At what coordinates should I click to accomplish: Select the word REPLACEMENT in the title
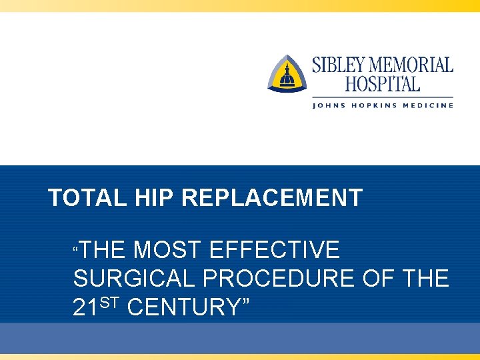272,198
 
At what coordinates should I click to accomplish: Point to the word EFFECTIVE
274,250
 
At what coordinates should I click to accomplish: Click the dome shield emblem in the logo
287,74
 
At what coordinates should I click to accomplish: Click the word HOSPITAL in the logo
382,84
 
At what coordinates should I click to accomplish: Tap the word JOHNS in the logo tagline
329,105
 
